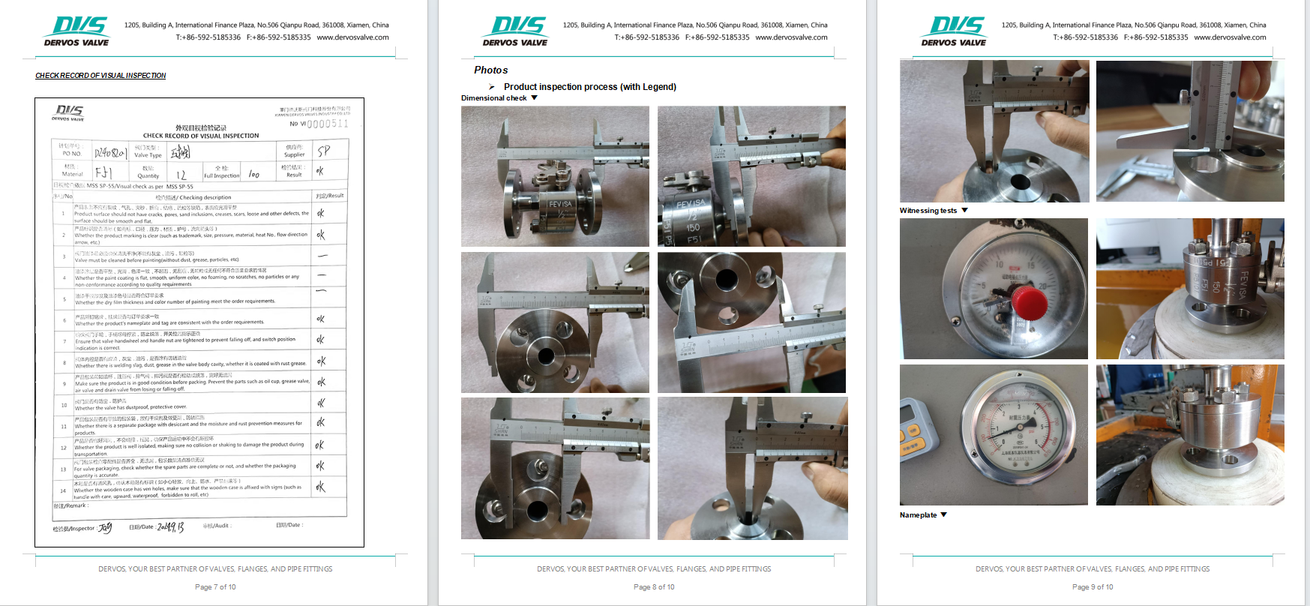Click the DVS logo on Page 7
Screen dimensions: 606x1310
point(77,31)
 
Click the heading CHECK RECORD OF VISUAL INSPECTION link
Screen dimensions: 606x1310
point(100,76)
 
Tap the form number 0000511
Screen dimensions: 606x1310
point(327,124)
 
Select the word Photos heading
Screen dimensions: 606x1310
point(491,70)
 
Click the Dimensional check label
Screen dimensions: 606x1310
point(494,98)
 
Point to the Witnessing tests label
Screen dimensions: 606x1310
point(928,211)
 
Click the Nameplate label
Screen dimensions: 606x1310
point(919,515)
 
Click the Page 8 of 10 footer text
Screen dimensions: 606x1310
point(654,587)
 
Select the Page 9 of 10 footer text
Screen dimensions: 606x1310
point(1093,587)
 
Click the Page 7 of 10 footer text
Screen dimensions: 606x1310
point(215,587)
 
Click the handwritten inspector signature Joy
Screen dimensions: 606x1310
point(105,527)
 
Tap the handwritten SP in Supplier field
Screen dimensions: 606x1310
point(324,151)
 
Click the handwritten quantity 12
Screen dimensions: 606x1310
point(181,175)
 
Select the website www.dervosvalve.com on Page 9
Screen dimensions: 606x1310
point(1230,37)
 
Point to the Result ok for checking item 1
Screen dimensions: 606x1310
point(321,213)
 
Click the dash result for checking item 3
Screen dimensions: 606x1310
point(322,256)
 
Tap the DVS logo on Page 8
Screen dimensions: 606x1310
point(516,31)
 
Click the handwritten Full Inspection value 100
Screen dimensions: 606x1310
point(254,175)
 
